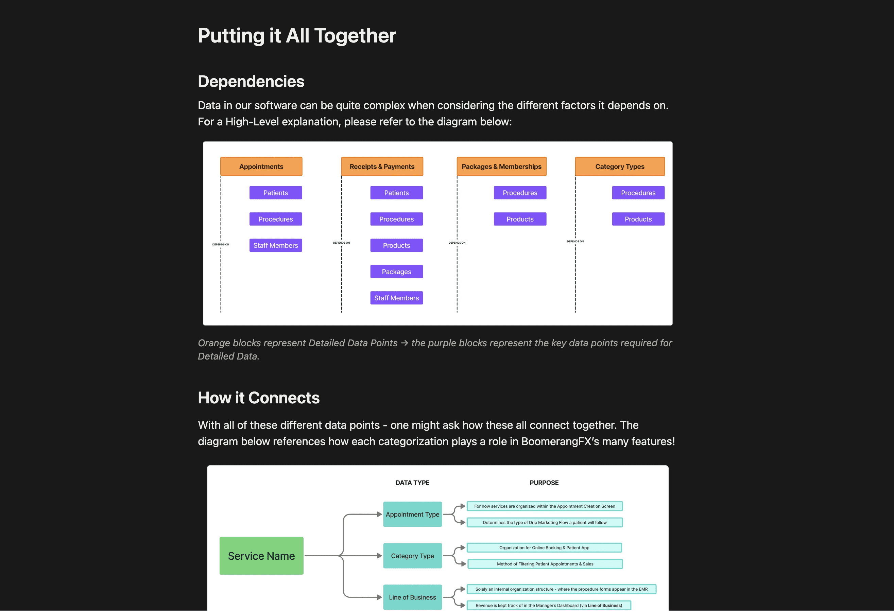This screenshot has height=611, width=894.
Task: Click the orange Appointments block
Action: (261, 167)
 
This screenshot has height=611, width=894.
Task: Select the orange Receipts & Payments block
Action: (382, 167)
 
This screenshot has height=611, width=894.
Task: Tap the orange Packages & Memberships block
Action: (501, 167)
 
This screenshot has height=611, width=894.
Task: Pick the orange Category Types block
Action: (619, 167)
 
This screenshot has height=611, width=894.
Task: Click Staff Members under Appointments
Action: (275, 245)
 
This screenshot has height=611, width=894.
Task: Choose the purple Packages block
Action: (396, 272)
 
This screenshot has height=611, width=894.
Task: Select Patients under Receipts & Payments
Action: (396, 193)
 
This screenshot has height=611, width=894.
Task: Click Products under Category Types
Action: (638, 219)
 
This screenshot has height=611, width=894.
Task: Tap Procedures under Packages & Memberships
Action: (520, 193)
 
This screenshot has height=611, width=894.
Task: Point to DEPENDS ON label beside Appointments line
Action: (221, 245)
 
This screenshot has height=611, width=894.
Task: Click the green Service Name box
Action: (261, 556)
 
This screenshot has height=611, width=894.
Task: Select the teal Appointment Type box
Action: (412, 514)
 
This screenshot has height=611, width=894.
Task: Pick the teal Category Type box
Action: (412, 556)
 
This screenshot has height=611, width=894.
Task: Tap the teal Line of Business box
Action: (412, 597)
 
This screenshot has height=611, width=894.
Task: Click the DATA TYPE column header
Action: (412, 483)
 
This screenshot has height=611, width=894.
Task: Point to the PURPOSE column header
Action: (544, 483)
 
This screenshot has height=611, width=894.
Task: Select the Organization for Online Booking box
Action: (544, 547)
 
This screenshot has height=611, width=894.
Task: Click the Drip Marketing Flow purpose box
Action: (544, 523)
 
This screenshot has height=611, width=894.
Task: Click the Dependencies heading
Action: (251, 82)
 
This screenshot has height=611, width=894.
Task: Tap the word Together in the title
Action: (355, 36)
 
